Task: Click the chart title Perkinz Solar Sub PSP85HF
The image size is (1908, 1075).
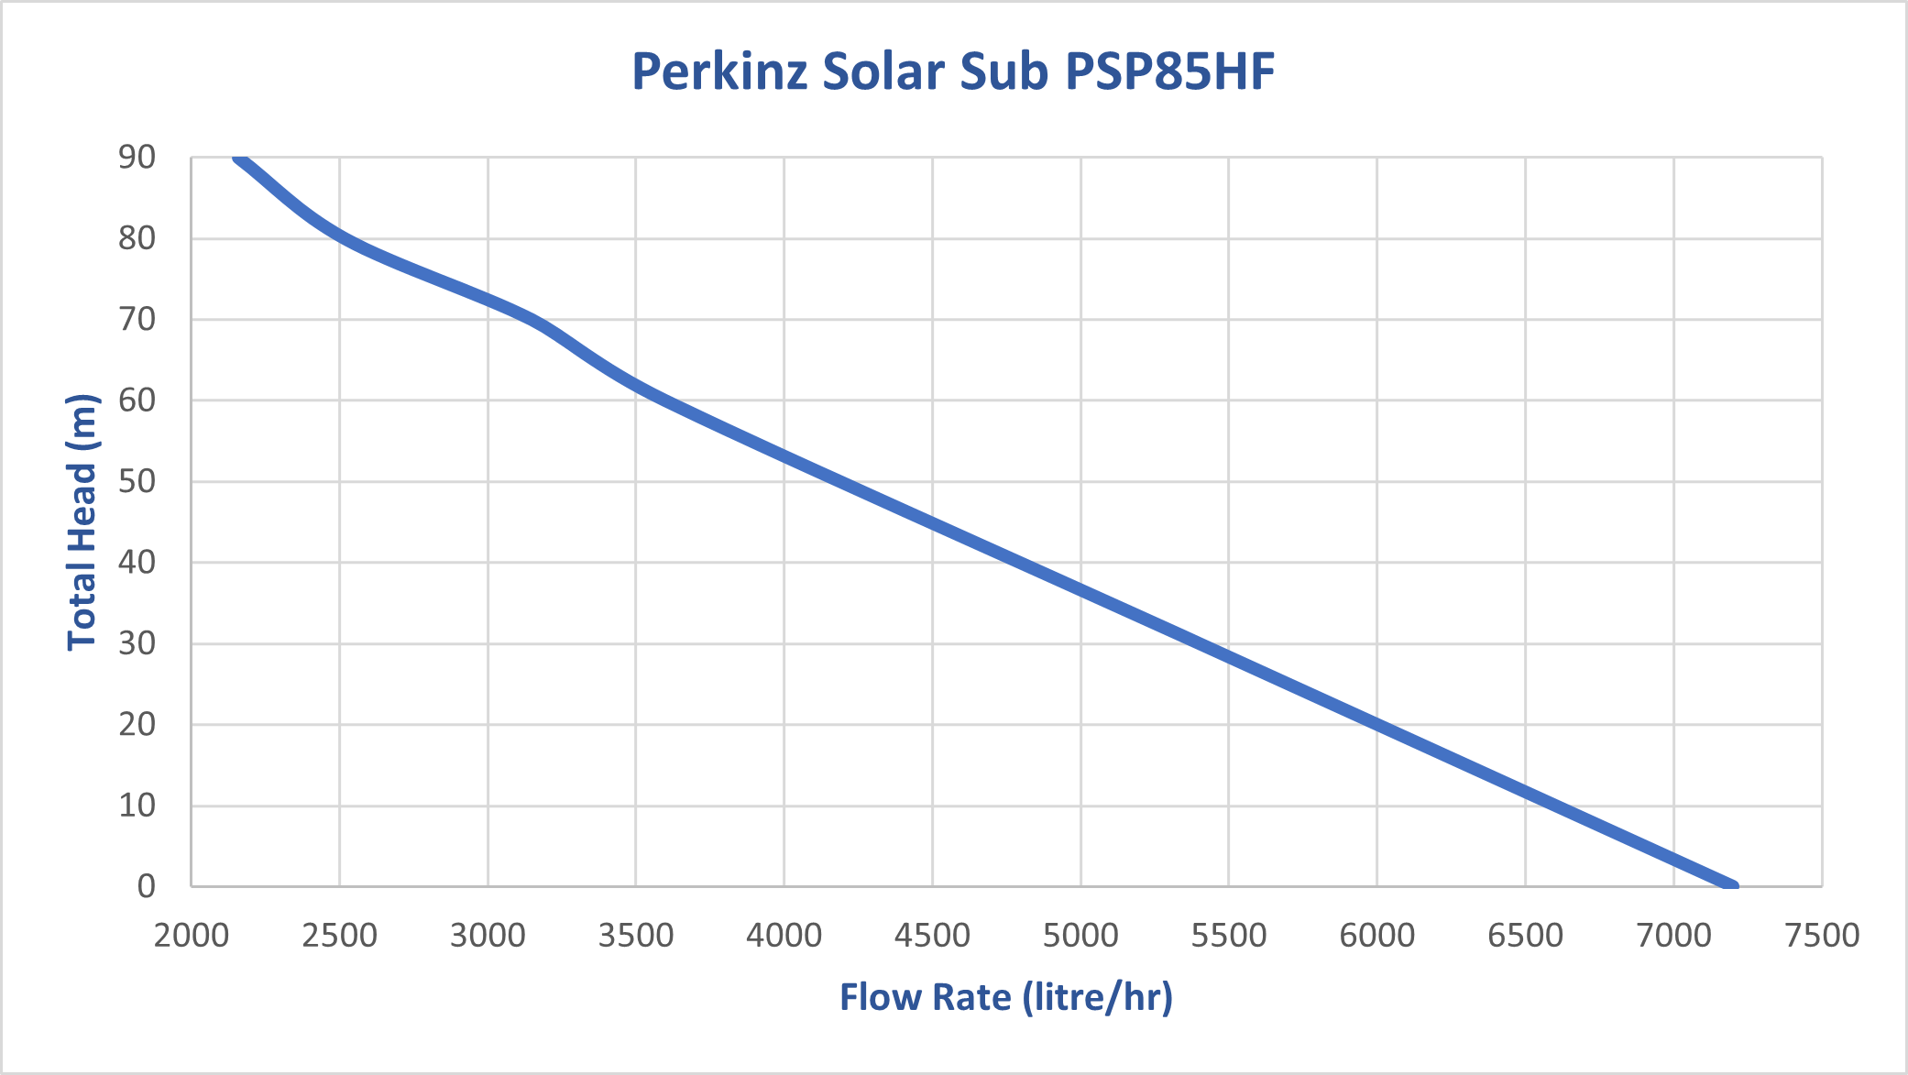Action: point(953,71)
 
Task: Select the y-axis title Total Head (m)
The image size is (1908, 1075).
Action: point(82,522)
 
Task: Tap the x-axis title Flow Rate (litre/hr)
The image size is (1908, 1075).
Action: point(1005,997)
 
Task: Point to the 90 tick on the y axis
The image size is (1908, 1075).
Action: point(137,158)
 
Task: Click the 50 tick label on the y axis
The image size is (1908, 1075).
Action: point(137,481)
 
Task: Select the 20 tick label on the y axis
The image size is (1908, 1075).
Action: point(137,724)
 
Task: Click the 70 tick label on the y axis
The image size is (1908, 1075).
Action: point(137,320)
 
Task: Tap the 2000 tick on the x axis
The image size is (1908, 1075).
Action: point(191,935)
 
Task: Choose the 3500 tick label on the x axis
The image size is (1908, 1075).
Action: point(636,935)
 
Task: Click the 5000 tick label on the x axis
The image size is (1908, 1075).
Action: point(1080,935)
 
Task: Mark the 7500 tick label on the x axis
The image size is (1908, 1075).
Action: point(1822,935)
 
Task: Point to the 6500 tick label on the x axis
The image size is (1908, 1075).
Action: point(1525,935)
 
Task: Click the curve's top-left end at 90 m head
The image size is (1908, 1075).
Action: point(239,159)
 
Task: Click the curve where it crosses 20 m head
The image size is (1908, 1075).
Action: point(1376,725)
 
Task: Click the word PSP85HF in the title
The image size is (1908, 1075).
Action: point(1170,71)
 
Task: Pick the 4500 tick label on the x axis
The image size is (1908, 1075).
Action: point(932,935)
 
